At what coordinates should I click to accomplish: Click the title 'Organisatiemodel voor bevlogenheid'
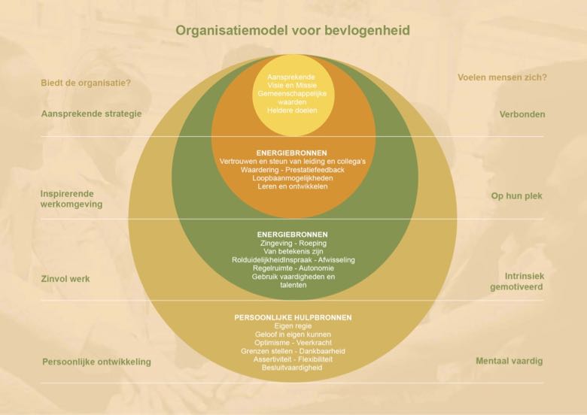pyautogui.click(x=293, y=30)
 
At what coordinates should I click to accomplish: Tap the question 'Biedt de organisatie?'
pyautogui.click(x=86, y=83)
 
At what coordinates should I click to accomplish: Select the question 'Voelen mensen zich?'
pyautogui.click(x=502, y=77)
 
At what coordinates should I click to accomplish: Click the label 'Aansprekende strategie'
pyautogui.click(x=91, y=114)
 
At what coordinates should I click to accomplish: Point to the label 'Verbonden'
pyautogui.click(x=522, y=114)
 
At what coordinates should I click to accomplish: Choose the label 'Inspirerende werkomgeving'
pyautogui.click(x=71, y=199)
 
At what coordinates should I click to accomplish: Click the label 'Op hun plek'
pyautogui.click(x=516, y=196)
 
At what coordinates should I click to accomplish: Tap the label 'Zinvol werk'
pyautogui.click(x=65, y=278)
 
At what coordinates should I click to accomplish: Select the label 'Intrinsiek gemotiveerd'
pyautogui.click(x=517, y=281)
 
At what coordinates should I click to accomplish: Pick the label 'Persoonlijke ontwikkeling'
pyautogui.click(x=96, y=362)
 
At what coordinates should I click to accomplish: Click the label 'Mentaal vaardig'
pyautogui.click(x=509, y=361)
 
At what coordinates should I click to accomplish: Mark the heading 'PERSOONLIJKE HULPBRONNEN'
pyautogui.click(x=293, y=317)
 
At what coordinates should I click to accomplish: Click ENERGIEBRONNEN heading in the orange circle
pyautogui.click(x=292, y=153)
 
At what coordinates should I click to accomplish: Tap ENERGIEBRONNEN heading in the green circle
pyautogui.click(x=293, y=235)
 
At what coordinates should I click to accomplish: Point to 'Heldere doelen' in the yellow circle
pyautogui.click(x=292, y=111)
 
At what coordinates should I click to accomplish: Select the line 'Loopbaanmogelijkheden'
pyautogui.click(x=293, y=178)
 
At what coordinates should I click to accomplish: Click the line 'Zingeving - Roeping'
pyautogui.click(x=293, y=243)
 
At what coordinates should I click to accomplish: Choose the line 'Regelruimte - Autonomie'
pyautogui.click(x=293, y=268)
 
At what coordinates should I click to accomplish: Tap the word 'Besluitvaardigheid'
pyautogui.click(x=292, y=368)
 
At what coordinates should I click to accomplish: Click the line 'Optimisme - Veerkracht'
pyautogui.click(x=293, y=343)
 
